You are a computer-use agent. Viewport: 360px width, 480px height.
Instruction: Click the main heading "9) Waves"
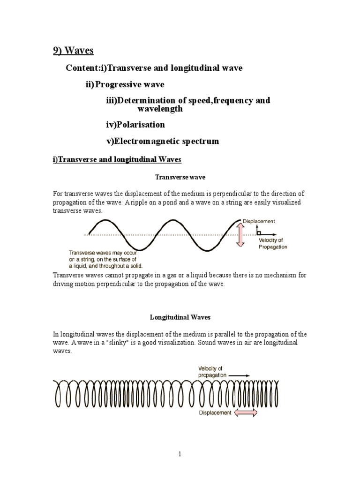pyautogui.click(x=74, y=51)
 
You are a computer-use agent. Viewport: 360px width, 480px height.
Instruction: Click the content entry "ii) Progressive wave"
pyautogui.click(x=125, y=84)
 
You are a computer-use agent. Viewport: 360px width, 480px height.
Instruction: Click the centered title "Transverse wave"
pyautogui.click(x=180, y=178)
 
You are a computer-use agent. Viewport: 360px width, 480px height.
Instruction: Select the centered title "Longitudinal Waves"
pyautogui.click(x=180, y=317)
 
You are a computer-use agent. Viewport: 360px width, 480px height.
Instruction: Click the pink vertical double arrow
pyautogui.click(x=240, y=234)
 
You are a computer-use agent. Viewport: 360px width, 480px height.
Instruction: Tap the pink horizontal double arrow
pyautogui.click(x=246, y=412)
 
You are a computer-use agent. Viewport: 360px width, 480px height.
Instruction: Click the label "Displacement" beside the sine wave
pyautogui.click(x=259, y=221)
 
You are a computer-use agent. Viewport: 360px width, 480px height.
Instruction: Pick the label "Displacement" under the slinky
pyautogui.click(x=215, y=413)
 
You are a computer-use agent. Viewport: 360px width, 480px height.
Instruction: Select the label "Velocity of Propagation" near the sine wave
pyautogui.click(x=273, y=244)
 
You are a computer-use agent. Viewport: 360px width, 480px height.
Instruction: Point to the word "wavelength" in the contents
pyautogui.click(x=159, y=109)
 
